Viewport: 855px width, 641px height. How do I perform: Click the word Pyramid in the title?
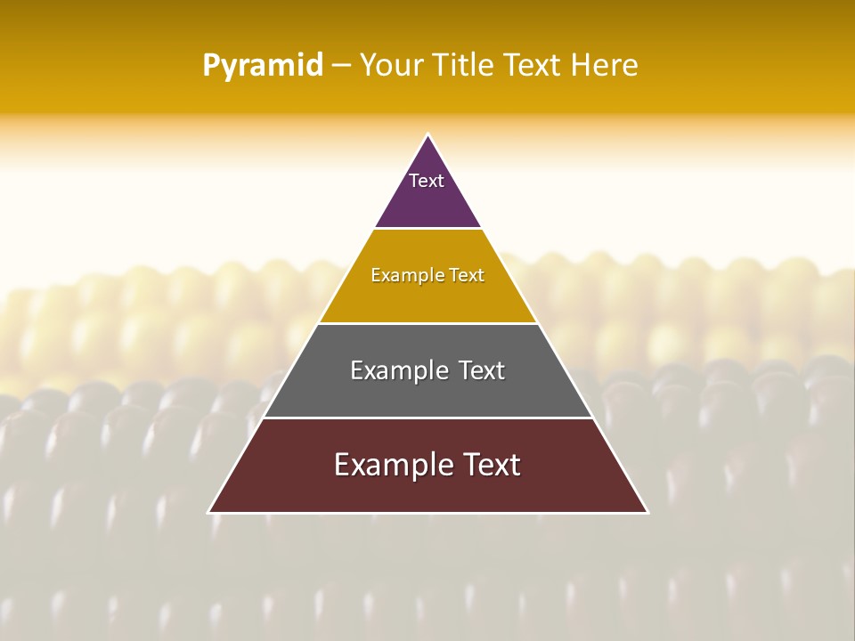[263, 66]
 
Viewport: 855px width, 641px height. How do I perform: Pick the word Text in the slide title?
[532, 66]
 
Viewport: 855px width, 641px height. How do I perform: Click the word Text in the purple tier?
[427, 181]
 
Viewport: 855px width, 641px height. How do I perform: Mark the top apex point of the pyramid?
[427, 134]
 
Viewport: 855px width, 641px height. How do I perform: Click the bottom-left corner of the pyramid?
[208, 513]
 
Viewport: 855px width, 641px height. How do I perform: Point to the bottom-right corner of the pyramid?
[647, 513]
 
